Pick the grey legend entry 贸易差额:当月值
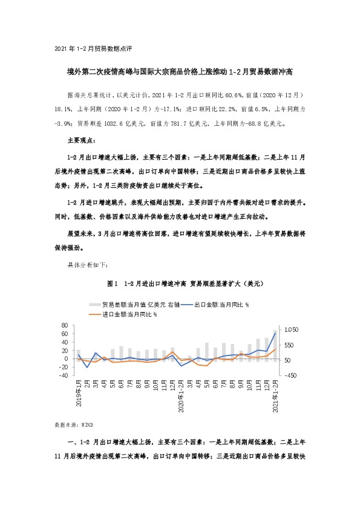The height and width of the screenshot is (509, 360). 133,304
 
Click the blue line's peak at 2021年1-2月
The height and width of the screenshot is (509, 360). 276,333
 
